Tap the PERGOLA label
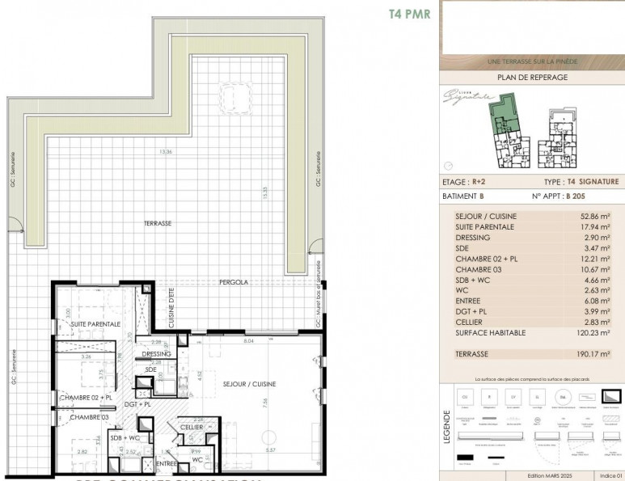tap(230, 283)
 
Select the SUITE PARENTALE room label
tap(95, 324)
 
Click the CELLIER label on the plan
tap(191, 427)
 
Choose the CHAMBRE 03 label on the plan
tap(89, 417)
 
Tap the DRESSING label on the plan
tap(156, 354)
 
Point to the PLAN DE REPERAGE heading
tap(531, 78)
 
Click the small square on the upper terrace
tap(240, 100)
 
